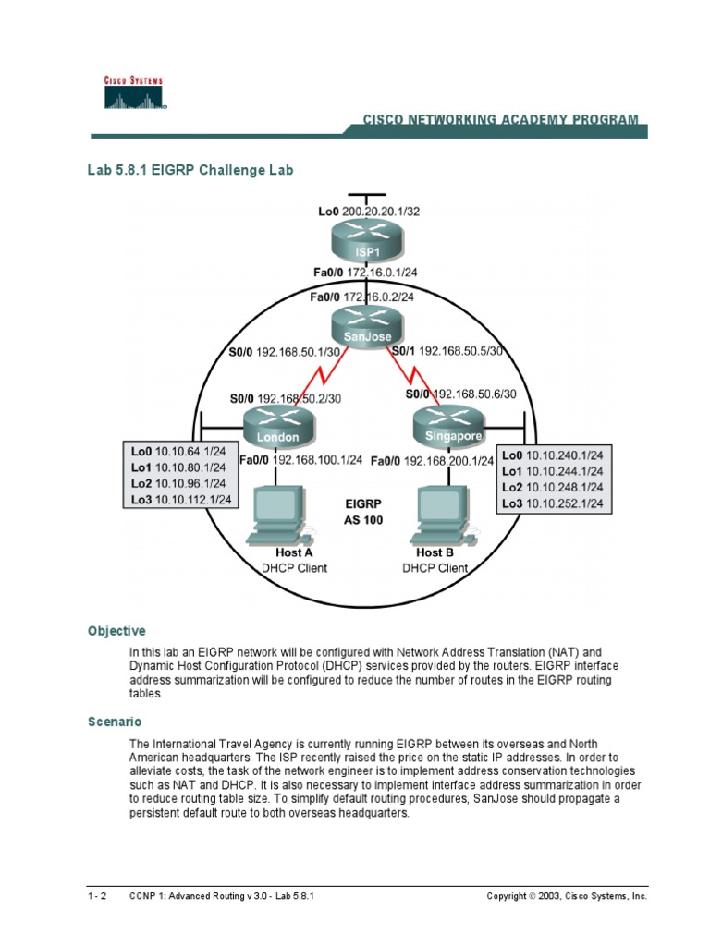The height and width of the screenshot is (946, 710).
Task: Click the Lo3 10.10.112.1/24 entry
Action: pyautogui.click(x=180, y=500)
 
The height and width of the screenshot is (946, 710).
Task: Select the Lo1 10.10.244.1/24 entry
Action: pyautogui.click(x=552, y=471)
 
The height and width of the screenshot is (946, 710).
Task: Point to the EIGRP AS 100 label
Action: pyautogui.click(x=362, y=513)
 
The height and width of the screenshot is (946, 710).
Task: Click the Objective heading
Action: pyautogui.click(x=116, y=631)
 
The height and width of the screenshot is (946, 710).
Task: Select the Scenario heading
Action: pyautogui.click(x=115, y=721)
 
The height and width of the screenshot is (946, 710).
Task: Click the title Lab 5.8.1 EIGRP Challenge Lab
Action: pyautogui.click(x=190, y=170)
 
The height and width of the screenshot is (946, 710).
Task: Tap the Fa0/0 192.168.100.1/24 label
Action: pyautogui.click(x=300, y=460)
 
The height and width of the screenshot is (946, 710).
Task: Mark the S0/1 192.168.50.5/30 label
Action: pyautogui.click(x=447, y=351)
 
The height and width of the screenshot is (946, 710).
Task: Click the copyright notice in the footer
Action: pyautogui.click(x=567, y=896)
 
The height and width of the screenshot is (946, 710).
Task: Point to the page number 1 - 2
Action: pyautogui.click(x=97, y=896)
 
